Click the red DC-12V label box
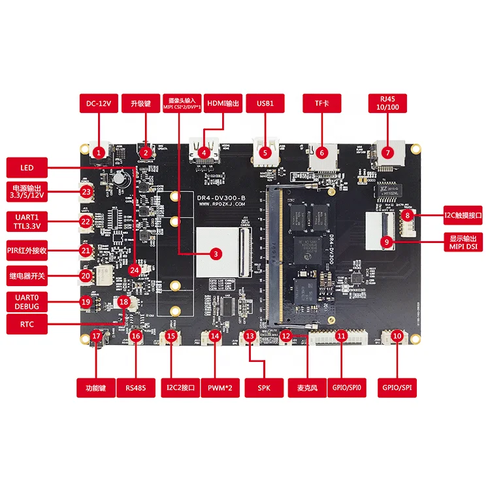tap(100, 103)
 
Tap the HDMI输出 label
tap(223, 103)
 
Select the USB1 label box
tap(265, 103)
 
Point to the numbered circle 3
tap(216, 253)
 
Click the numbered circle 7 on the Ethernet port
tap(388, 152)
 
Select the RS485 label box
tap(136, 388)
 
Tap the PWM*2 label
tap(220, 388)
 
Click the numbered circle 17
tap(97, 336)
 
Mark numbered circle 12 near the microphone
tap(286, 336)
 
